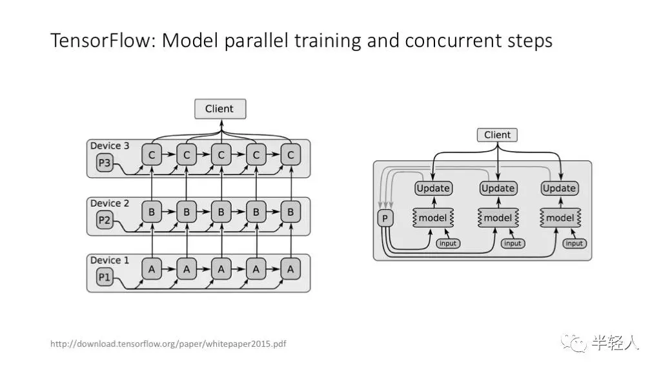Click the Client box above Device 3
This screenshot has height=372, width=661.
[220, 108]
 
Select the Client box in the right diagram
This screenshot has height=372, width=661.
[497, 135]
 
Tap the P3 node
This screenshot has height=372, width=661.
[105, 163]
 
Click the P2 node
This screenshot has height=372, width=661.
[105, 221]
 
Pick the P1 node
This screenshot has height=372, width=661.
[105, 278]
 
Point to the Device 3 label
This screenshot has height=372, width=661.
[110, 146]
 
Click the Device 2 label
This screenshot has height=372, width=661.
[110, 203]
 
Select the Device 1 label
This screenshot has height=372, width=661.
[110, 260]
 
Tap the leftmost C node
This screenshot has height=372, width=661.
[152, 155]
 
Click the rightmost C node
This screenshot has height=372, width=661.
[290, 155]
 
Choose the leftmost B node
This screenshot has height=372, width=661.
[152, 212]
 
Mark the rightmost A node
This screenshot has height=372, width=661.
[290, 269]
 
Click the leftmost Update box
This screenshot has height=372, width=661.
[433, 189]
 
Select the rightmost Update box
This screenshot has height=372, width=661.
[559, 189]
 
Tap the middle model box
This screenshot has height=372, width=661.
[498, 218]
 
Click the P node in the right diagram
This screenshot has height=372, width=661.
[385, 219]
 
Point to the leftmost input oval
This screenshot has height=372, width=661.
[448, 243]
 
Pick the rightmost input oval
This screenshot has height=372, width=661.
[574, 243]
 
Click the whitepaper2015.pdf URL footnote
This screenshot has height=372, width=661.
[168, 344]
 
